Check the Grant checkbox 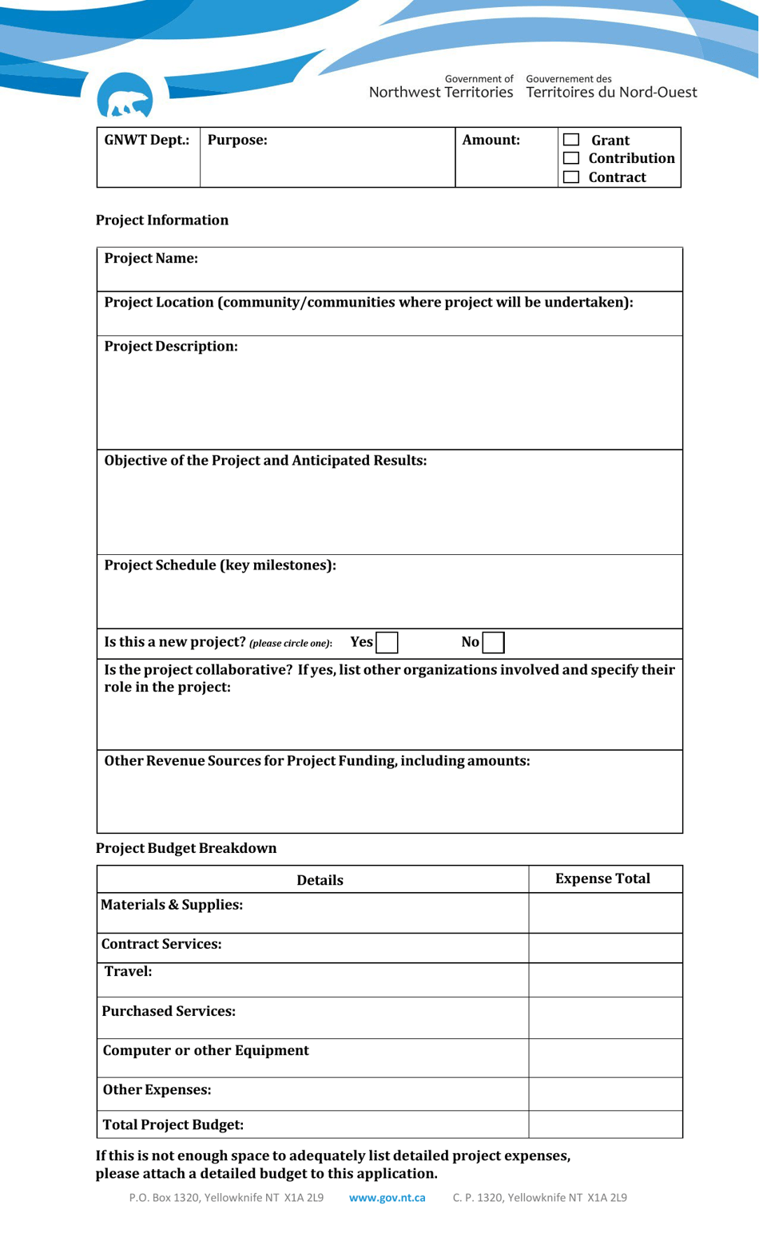pos(570,140)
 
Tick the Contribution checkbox pos(570,158)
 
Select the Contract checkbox pos(570,177)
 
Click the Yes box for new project pos(387,642)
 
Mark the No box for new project pos(493,642)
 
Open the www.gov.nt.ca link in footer pos(387,1197)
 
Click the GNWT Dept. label pos(147,140)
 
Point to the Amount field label pos(491,140)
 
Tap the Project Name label pos(151,258)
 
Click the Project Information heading pos(162,220)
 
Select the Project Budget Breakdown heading pos(186,848)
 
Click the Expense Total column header pos(602,878)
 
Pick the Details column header pos(320,880)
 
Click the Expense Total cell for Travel pos(605,979)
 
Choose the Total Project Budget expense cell pos(605,1124)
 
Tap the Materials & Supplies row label pos(172,905)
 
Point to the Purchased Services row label pos(169,1011)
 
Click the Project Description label pos(171,346)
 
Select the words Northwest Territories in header pos(441,93)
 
